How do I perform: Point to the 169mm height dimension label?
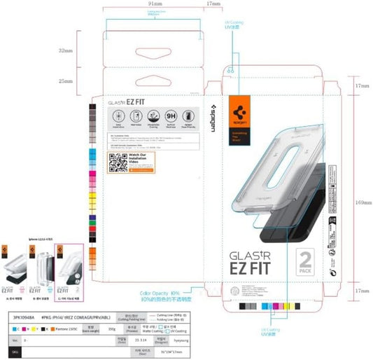[x=361, y=202]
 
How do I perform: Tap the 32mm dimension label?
[x=66, y=51]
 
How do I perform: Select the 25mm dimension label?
[x=66, y=83]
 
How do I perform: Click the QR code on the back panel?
[x=116, y=163]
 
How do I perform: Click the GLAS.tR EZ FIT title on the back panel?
[x=127, y=102]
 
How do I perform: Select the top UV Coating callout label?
[x=236, y=27]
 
